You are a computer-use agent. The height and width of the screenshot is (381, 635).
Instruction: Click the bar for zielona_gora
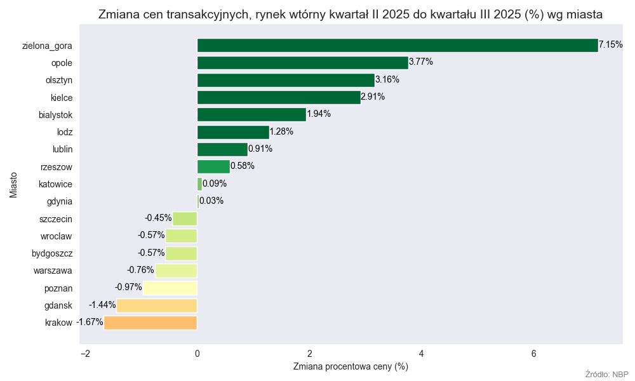(x=398, y=45)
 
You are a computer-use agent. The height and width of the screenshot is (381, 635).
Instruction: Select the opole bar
(x=302, y=62)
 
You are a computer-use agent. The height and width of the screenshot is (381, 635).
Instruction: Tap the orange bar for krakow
(x=150, y=323)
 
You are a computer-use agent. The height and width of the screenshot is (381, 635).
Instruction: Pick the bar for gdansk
(x=157, y=305)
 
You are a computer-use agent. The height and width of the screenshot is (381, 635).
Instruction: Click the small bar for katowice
(x=199, y=184)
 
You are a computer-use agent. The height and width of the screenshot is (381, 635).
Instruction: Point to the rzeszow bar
(x=213, y=166)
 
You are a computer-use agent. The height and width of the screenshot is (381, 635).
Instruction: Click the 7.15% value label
(x=611, y=45)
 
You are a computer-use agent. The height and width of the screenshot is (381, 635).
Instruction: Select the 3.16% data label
(x=387, y=79)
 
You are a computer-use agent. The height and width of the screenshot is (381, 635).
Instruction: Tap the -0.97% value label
(x=128, y=287)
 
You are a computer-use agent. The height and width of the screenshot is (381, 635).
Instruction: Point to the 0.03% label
(x=211, y=201)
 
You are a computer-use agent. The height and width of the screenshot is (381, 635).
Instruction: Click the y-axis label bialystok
(x=56, y=114)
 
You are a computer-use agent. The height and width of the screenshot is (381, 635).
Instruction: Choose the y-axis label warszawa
(x=53, y=271)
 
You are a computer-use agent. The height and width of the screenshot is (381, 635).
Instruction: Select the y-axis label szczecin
(x=56, y=219)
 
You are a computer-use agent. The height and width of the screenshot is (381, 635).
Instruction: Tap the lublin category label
(x=62, y=149)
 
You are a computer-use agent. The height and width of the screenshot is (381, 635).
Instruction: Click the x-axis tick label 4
(x=422, y=354)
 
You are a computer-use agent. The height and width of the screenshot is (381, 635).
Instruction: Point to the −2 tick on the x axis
(x=85, y=354)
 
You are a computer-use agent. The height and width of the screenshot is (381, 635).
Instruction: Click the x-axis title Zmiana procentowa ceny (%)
(x=351, y=366)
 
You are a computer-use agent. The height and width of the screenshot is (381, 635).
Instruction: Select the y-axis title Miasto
(x=13, y=184)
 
